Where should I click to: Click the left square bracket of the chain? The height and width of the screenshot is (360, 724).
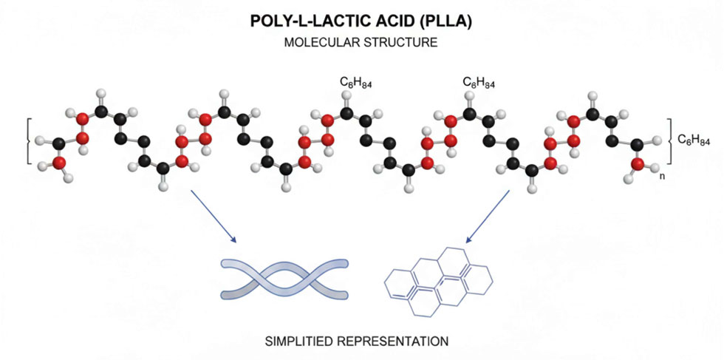[27, 140]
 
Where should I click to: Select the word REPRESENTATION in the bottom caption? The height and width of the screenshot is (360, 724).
[400, 342]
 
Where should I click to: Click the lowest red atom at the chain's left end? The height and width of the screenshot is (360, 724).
[59, 163]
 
